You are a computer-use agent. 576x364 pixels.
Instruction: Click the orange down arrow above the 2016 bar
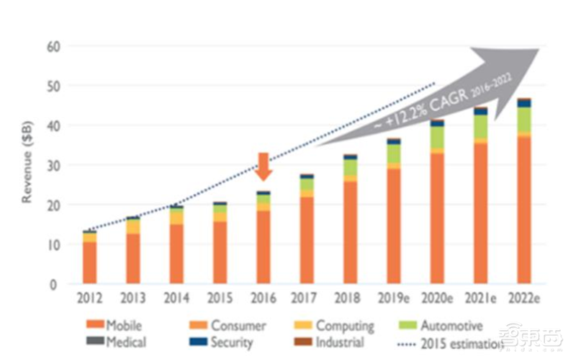(264, 166)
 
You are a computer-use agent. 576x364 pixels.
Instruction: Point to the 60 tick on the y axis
(53, 46)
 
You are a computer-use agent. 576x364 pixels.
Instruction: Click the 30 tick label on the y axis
(53, 165)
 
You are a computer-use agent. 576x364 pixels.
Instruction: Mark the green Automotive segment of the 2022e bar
(523, 120)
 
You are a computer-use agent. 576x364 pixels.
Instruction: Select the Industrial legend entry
(335, 342)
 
